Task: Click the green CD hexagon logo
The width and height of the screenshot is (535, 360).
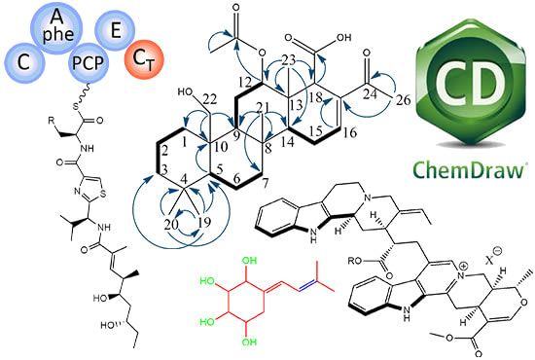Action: [x=466, y=78]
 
